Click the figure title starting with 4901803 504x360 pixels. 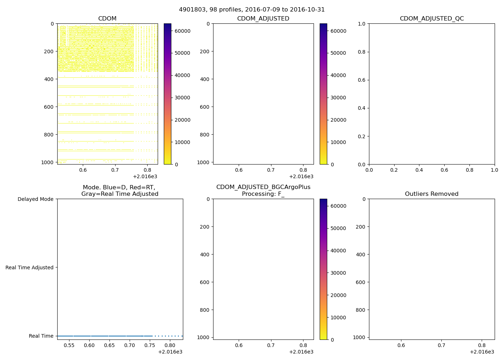point(252,10)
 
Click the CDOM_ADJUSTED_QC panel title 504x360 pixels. point(432,19)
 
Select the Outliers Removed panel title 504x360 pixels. point(432,194)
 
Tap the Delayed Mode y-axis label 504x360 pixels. point(35,199)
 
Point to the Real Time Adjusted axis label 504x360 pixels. point(30,267)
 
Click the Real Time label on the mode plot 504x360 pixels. point(41,336)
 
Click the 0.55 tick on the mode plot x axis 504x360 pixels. point(69,345)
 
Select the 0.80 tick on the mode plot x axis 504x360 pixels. point(170,345)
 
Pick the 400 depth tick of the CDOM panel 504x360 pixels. point(49,79)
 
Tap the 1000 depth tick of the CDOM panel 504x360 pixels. point(48,162)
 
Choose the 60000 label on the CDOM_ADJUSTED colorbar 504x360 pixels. point(338,31)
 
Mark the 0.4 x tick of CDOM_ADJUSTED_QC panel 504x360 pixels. point(419,170)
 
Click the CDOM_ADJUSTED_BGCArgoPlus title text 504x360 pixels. point(263,187)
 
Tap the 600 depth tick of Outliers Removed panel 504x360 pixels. point(361,282)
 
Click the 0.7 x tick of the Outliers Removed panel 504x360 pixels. point(441,345)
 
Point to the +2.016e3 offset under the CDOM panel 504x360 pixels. point(145,176)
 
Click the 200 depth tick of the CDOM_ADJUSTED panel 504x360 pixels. point(205,51)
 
